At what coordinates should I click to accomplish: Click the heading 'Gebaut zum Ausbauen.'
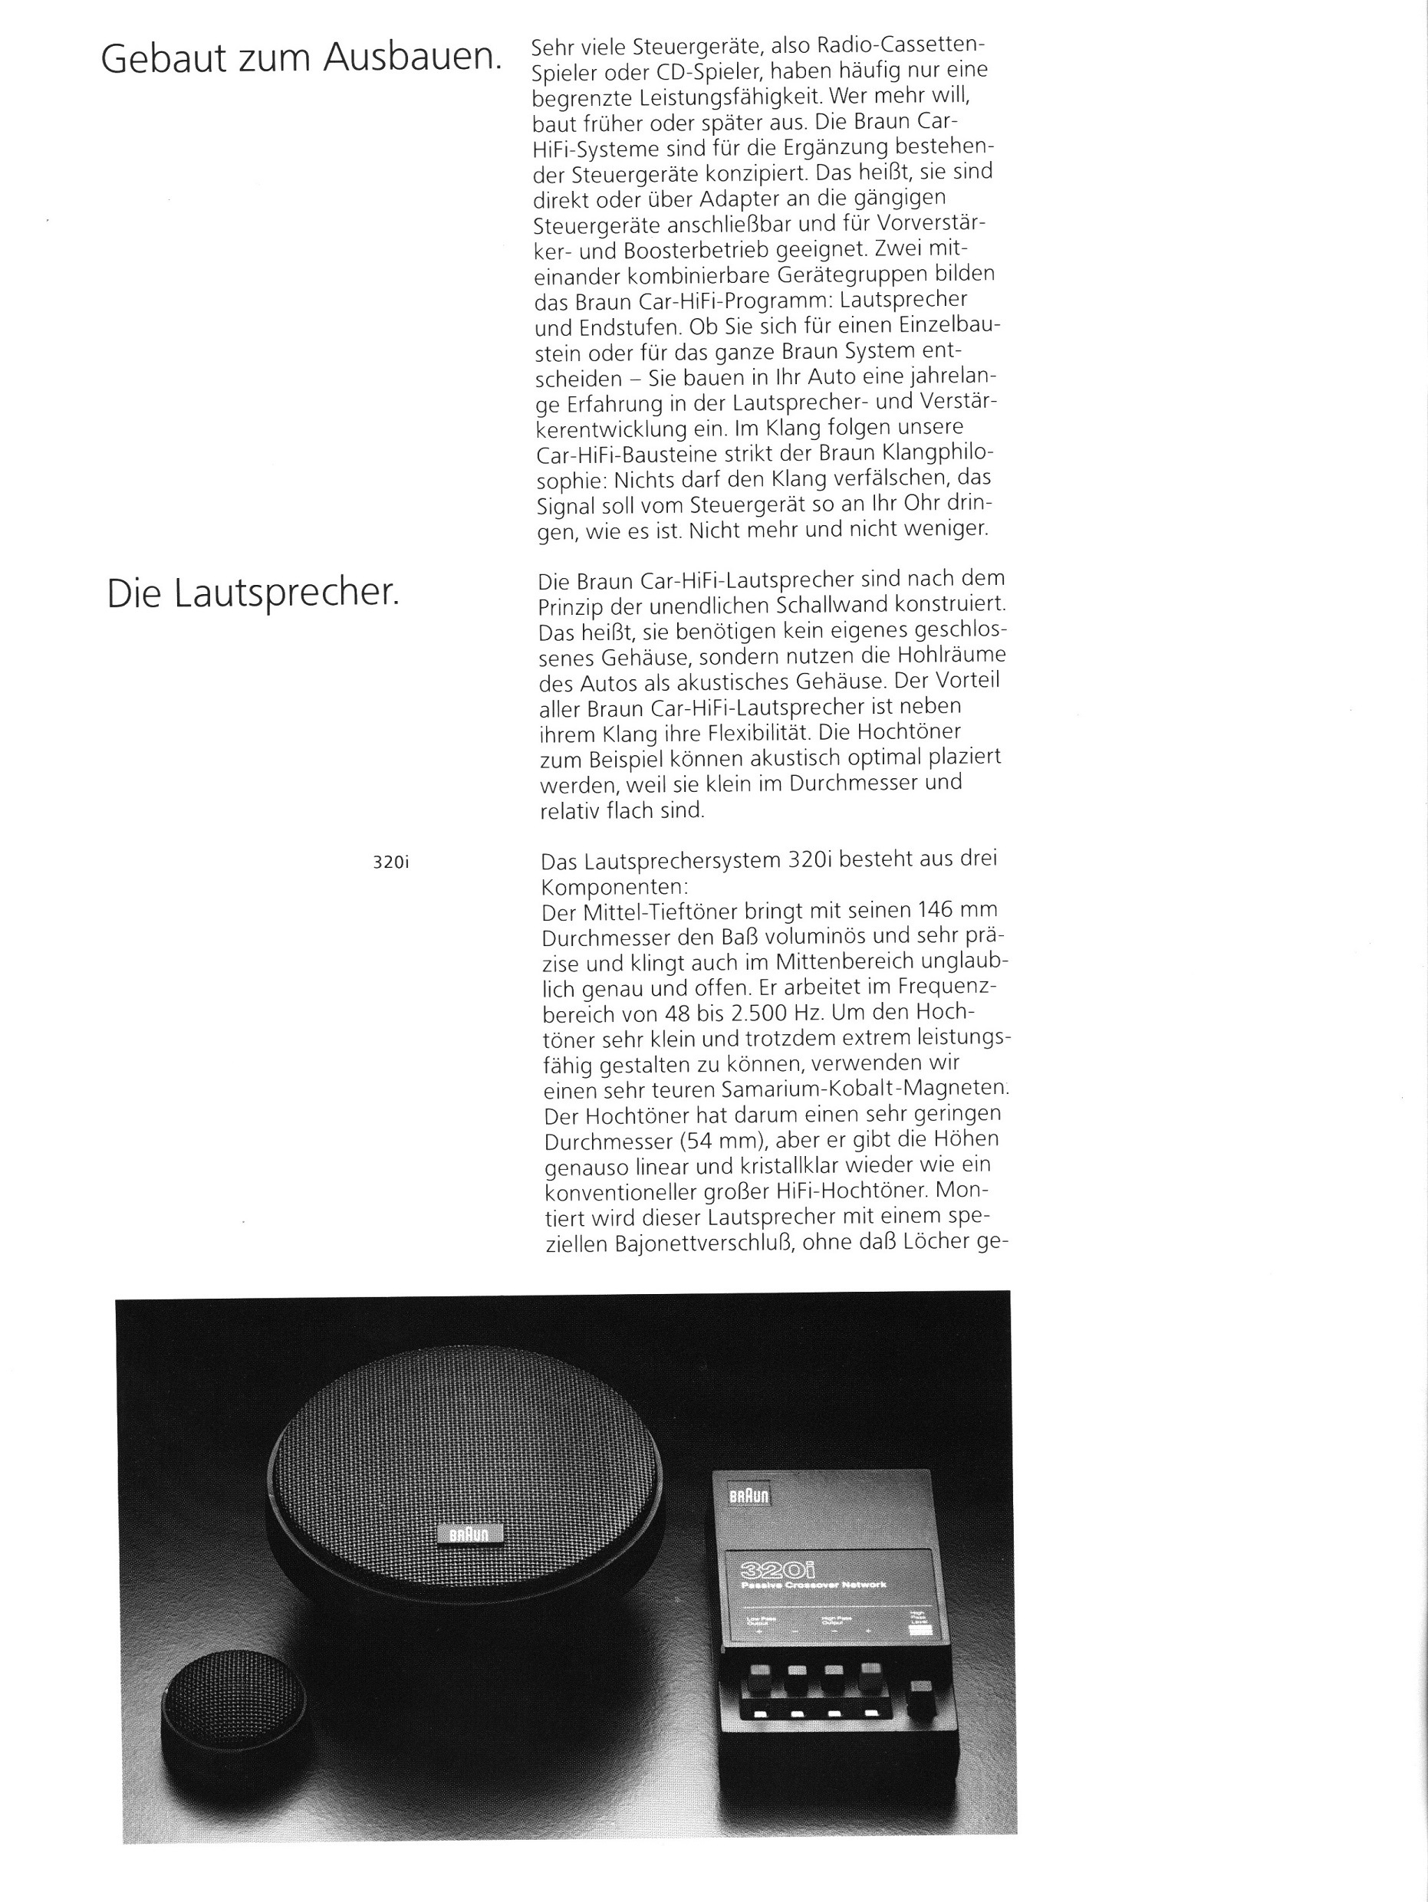[x=301, y=58]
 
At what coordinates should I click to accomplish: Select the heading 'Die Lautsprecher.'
[x=253, y=594]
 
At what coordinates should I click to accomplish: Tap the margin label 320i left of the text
[x=390, y=862]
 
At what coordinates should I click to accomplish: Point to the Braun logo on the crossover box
[x=749, y=1496]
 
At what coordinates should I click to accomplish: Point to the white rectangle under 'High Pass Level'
[x=921, y=1631]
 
